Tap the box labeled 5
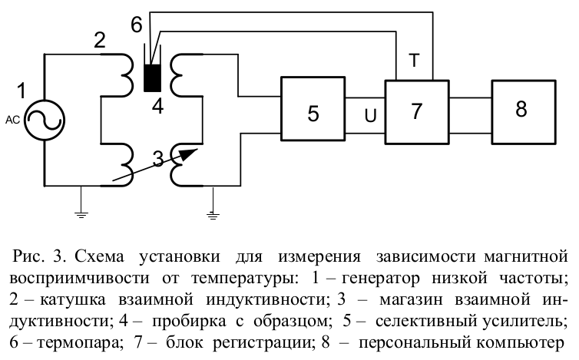tap(313, 113)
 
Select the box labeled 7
tap(416, 111)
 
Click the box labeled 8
tap(521, 109)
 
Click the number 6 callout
tap(136, 25)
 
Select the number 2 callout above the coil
tap(99, 42)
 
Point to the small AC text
tap(12, 119)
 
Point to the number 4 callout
tap(157, 106)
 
